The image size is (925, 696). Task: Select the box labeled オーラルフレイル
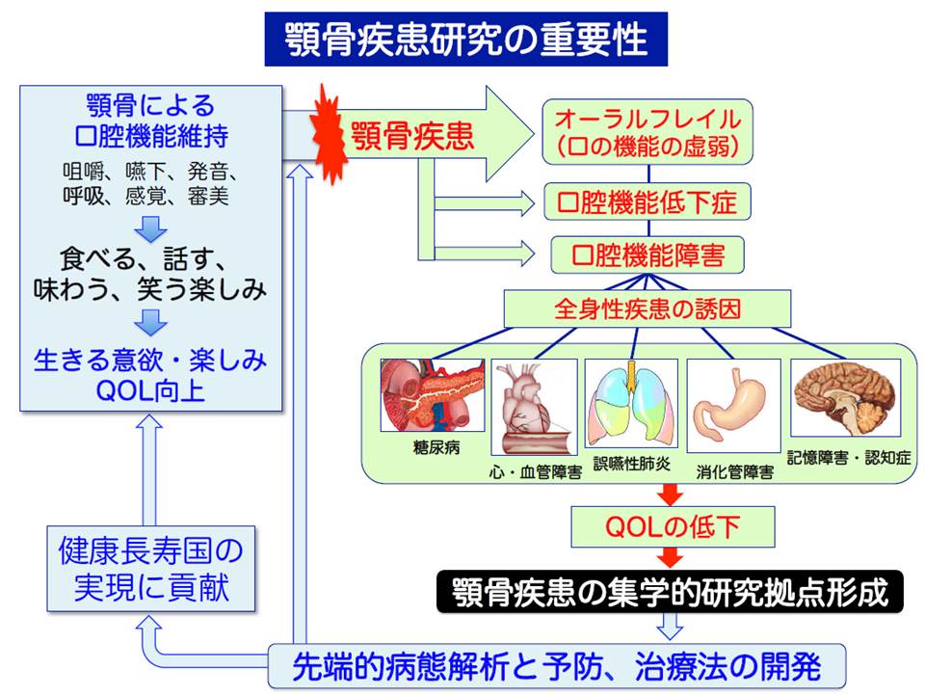click(x=647, y=133)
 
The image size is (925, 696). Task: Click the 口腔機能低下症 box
click(x=647, y=203)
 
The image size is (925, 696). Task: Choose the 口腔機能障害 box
click(x=647, y=254)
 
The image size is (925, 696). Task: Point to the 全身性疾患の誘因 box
click(x=647, y=309)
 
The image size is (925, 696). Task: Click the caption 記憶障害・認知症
click(x=849, y=457)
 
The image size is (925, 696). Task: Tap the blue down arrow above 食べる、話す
click(x=150, y=228)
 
